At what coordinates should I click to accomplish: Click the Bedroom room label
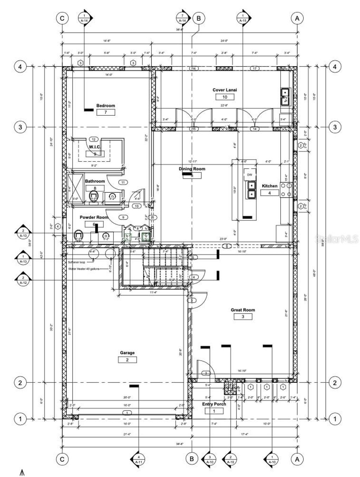click(x=105, y=106)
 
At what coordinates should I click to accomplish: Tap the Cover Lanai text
click(x=225, y=90)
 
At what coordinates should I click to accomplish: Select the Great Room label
click(x=243, y=310)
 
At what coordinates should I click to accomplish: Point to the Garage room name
click(x=127, y=353)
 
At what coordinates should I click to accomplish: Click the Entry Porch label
click(x=214, y=404)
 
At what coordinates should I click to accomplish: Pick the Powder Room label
click(x=94, y=217)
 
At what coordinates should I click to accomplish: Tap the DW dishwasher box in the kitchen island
click(x=250, y=175)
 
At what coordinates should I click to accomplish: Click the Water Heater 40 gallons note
click(x=84, y=269)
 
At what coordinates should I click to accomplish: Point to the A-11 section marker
click(x=138, y=459)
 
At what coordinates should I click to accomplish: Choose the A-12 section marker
click(x=23, y=280)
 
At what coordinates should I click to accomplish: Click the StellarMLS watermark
click(x=336, y=239)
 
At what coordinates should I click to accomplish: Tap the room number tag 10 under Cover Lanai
click(x=225, y=97)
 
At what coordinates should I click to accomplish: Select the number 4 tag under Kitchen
click(x=270, y=193)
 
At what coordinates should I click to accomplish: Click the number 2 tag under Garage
click(x=127, y=360)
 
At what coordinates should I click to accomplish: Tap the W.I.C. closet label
click(x=94, y=147)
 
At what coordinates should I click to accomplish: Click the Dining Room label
click(x=192, y=169)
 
